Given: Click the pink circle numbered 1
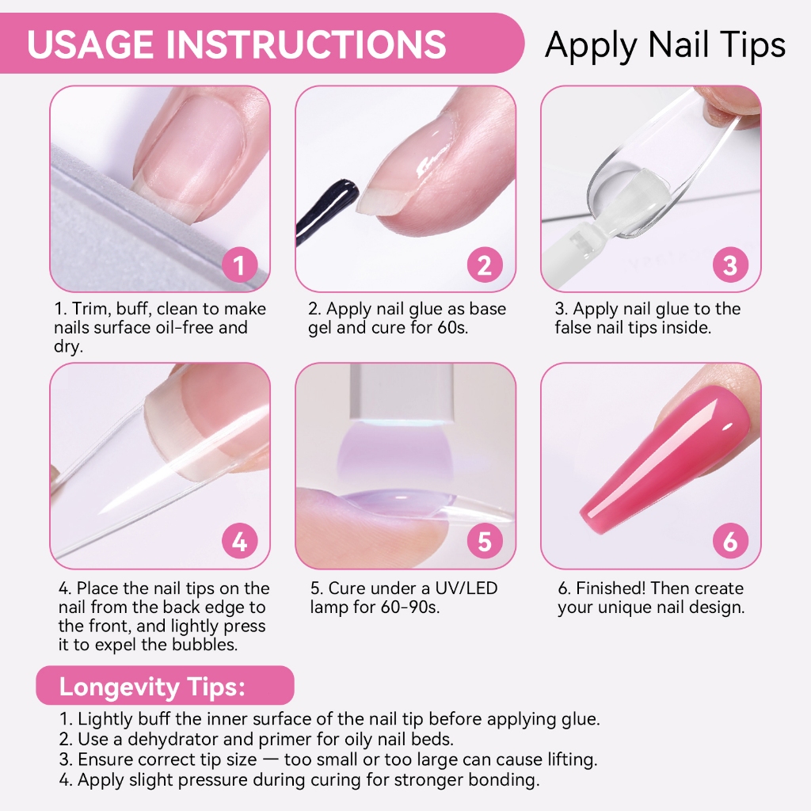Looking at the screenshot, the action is [x=239, y=265].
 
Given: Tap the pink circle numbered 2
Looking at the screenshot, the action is [x=485, y=265].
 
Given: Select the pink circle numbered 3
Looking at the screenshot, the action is [x=730, y=265].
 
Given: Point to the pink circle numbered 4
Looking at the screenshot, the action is [x=239, y=542].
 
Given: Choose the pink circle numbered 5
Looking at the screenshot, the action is [x=485, y=542].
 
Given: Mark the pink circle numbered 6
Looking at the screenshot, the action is [x=730, y=542].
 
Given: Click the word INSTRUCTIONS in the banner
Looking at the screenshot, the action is [x=307, y=44].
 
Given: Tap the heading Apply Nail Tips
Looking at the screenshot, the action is [x=665, y=45].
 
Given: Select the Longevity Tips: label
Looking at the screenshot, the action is [x=152, y=687].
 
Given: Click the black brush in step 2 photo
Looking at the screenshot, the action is [x=327, y=211].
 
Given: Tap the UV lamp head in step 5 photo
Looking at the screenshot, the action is [x=402, y=393].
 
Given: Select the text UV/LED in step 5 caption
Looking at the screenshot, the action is [x=466, y=588].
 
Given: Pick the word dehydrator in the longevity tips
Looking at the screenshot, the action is [x=172, y=739].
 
